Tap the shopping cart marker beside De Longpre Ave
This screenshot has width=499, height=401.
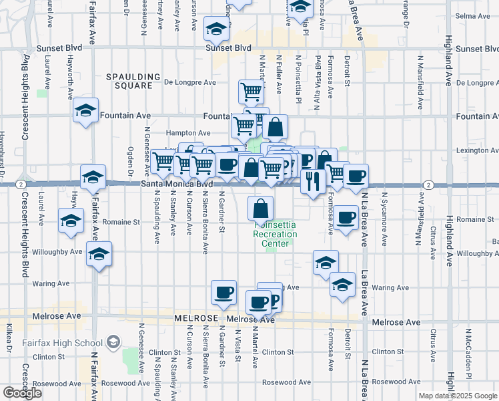[251, 91]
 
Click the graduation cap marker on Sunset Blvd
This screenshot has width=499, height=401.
[215, 29]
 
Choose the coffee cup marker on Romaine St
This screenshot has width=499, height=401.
[346, 217]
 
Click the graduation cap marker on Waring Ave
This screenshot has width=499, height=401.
[342, 284]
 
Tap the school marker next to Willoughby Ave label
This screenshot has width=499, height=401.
[99, 254]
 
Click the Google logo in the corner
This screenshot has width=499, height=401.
[22, 393]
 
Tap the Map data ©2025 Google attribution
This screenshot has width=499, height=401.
[458, 396]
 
